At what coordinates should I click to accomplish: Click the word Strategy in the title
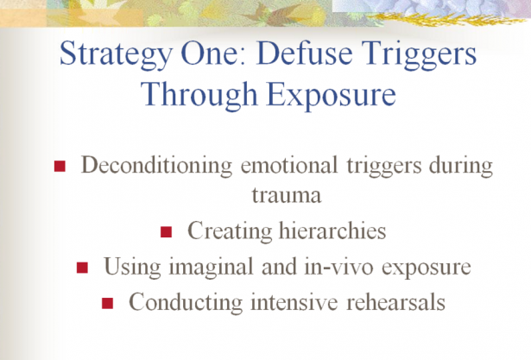coord(117,55)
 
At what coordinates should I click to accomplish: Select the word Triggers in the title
coord(420,55)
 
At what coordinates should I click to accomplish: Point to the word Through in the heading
coord(199,95)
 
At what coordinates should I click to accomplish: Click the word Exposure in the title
coord(332,95)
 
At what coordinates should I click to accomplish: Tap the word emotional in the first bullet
coord(289,165)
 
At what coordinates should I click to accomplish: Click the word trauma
coord(287,196)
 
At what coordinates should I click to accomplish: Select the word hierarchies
coord(332,231)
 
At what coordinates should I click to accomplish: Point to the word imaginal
coord(212,268)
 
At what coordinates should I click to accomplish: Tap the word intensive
coord(294,301)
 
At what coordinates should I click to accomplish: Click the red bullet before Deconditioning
coord(60,167)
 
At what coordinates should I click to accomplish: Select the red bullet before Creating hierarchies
coord(167,232)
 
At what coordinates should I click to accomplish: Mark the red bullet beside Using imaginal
coord(82,268)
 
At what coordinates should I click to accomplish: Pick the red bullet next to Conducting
coord(107,303)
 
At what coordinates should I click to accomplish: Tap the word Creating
coord(230,231)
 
